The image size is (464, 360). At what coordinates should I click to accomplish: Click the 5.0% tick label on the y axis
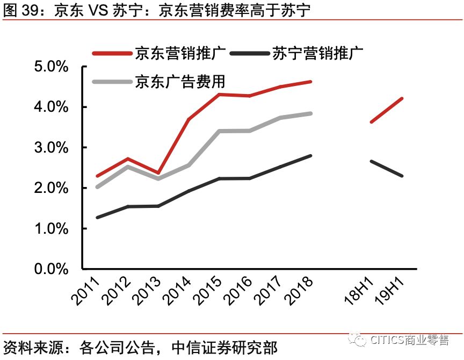(52, 67)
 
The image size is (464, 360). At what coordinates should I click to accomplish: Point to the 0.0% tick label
(52, 269)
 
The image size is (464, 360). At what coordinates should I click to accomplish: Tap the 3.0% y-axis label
(52, 148)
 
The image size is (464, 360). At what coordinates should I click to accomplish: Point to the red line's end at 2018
(310, 82)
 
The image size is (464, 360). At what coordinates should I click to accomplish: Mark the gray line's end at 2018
(310, 113)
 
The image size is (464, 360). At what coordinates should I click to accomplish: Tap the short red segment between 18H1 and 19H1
(386, 110)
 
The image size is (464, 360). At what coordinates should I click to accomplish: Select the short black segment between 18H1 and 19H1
(386, 168)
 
